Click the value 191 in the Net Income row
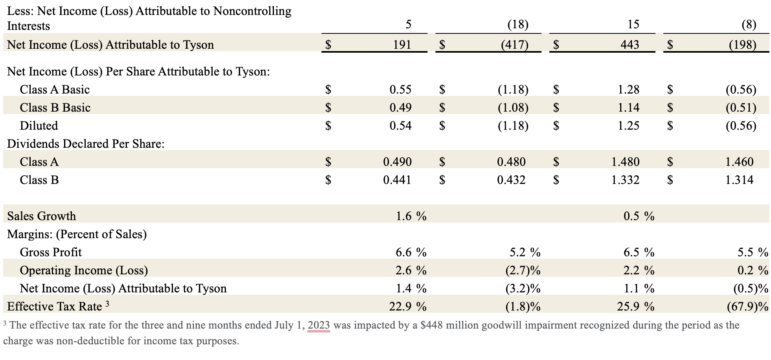402,45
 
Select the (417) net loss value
514,45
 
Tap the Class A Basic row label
55,90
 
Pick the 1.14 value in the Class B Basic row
628,108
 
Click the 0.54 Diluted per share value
400,126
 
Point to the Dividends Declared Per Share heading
86,144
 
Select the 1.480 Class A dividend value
625,162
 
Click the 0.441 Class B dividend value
397,180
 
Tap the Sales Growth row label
42,216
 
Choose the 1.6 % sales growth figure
411,216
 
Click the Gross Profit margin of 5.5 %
753,252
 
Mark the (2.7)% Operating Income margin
523,270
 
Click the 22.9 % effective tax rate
408,307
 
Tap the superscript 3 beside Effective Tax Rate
107,304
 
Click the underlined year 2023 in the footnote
319,325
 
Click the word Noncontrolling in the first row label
252,11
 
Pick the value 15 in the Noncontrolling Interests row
633,24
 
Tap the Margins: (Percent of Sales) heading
77,234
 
